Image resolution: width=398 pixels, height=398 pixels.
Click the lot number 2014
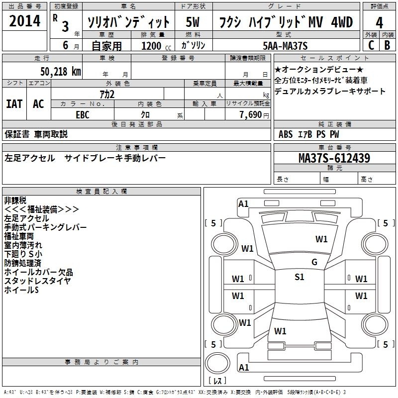24,21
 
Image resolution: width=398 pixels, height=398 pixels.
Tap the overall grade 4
379,22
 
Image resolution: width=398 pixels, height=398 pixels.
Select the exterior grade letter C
371,45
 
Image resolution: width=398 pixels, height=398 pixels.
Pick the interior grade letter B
387,45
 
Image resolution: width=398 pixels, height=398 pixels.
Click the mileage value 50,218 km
61,72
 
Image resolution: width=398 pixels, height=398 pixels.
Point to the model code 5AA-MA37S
285,46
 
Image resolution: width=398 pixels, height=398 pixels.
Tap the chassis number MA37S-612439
334,158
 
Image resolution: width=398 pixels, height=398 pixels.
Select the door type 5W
193,22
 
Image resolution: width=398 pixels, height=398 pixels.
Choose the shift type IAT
14,104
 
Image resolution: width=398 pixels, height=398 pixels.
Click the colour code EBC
83,115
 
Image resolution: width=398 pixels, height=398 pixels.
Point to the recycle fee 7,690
251,115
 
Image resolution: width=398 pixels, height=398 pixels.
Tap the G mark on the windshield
314,262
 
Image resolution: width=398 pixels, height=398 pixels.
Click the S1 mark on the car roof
299,277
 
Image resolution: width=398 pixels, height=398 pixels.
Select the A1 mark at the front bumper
243,204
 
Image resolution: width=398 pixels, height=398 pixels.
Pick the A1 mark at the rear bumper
244,367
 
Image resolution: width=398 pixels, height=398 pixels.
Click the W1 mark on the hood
321,239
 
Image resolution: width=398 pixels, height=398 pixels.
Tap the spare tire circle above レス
217,363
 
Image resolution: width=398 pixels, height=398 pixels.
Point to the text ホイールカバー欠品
39,272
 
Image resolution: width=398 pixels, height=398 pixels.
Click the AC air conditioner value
38,104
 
